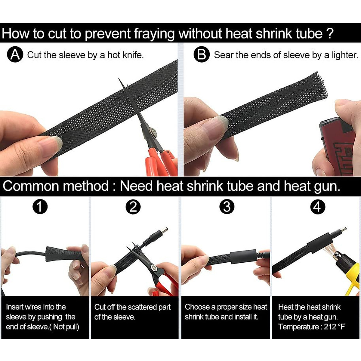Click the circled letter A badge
[15, 54]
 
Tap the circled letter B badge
[202, 54]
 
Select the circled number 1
[40, 207]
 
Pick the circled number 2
[133, 207]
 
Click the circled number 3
[227, 207]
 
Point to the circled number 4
[318, 207]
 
